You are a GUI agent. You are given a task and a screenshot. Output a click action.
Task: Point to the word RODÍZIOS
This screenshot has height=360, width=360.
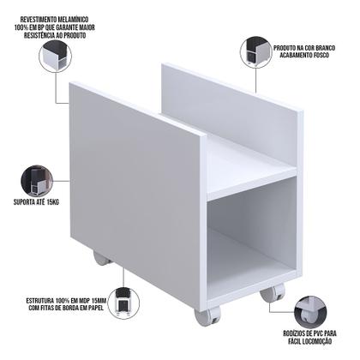click(x=290, y=333)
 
